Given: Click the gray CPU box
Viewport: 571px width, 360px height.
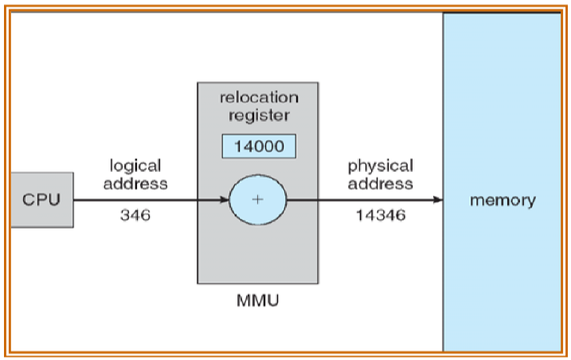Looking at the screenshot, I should coord(41,199).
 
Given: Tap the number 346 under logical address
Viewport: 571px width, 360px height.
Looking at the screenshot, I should coord(135,215).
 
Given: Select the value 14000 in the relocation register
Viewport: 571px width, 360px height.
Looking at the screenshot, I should coord(257,147).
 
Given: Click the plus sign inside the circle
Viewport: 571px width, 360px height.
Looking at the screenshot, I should coord(257,199).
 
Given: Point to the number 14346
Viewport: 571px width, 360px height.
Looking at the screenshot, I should coord(379,215).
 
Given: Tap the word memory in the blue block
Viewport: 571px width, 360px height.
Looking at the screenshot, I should coord(503,199).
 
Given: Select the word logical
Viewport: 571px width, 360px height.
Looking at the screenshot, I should coord(135,166).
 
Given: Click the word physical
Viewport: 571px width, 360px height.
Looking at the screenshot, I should coord(380,166).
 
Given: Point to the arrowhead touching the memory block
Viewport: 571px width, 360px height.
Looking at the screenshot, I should coord(437,199).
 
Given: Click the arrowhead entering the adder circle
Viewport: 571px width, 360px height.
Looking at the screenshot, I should coord(225,199).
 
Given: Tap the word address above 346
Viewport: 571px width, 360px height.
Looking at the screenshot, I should coord(135,183).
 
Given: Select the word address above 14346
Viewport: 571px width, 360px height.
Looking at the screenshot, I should coord(380,183).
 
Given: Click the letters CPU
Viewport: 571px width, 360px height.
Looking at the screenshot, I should coord(41,199).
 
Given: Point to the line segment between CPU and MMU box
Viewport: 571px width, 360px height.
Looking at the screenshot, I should coord(135,199).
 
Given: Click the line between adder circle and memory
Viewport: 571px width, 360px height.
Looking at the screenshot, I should coord(358,199).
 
